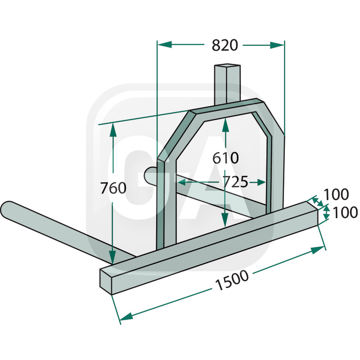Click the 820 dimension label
pyautogui.click(x=225, y=45)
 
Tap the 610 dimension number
pyautogui.click(x=225, y=158)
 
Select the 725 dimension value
pyautogui.click(x=235, y=182)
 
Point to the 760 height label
pyautogui.click(x=113, y=188)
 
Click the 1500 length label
pyautogui.click(x=232, y=280)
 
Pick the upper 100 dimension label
pyautogui.click(x=336, y=194)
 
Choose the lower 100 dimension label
pyautogui.click(x=345, y=212)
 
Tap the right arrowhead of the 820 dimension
pyautogui.click(x=277, y=45)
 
